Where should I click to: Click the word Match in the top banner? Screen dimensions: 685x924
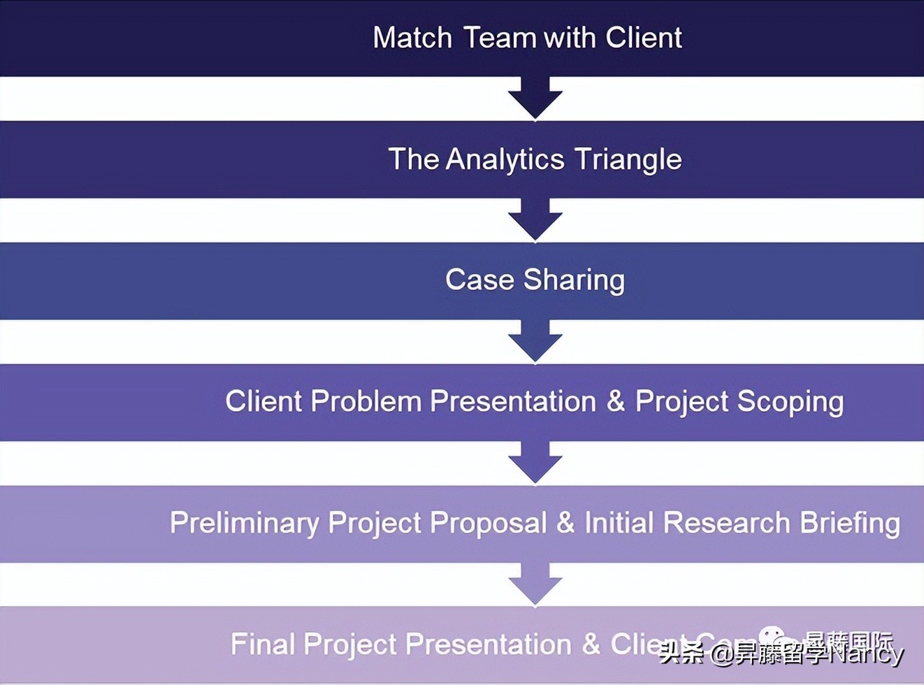tap(412, 38)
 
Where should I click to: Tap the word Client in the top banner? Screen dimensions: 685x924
tap(644, 38)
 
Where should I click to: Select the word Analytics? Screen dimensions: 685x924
tap(505, 159)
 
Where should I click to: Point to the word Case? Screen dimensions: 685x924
tap(479, 280)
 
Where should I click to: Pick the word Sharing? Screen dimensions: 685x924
tap(574, 280)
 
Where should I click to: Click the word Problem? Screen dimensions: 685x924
tap(366, 401)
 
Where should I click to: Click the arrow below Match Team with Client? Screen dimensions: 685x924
tap(535, 99)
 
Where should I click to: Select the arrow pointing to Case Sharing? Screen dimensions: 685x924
tap(535, 220)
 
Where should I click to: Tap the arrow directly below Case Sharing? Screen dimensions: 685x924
tap(535, 342)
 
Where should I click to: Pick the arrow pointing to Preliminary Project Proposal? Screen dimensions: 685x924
tap(535, 463)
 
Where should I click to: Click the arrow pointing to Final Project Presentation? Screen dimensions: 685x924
tap(535, 584)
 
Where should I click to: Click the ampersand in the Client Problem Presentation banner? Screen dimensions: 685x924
tap(615, 401)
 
